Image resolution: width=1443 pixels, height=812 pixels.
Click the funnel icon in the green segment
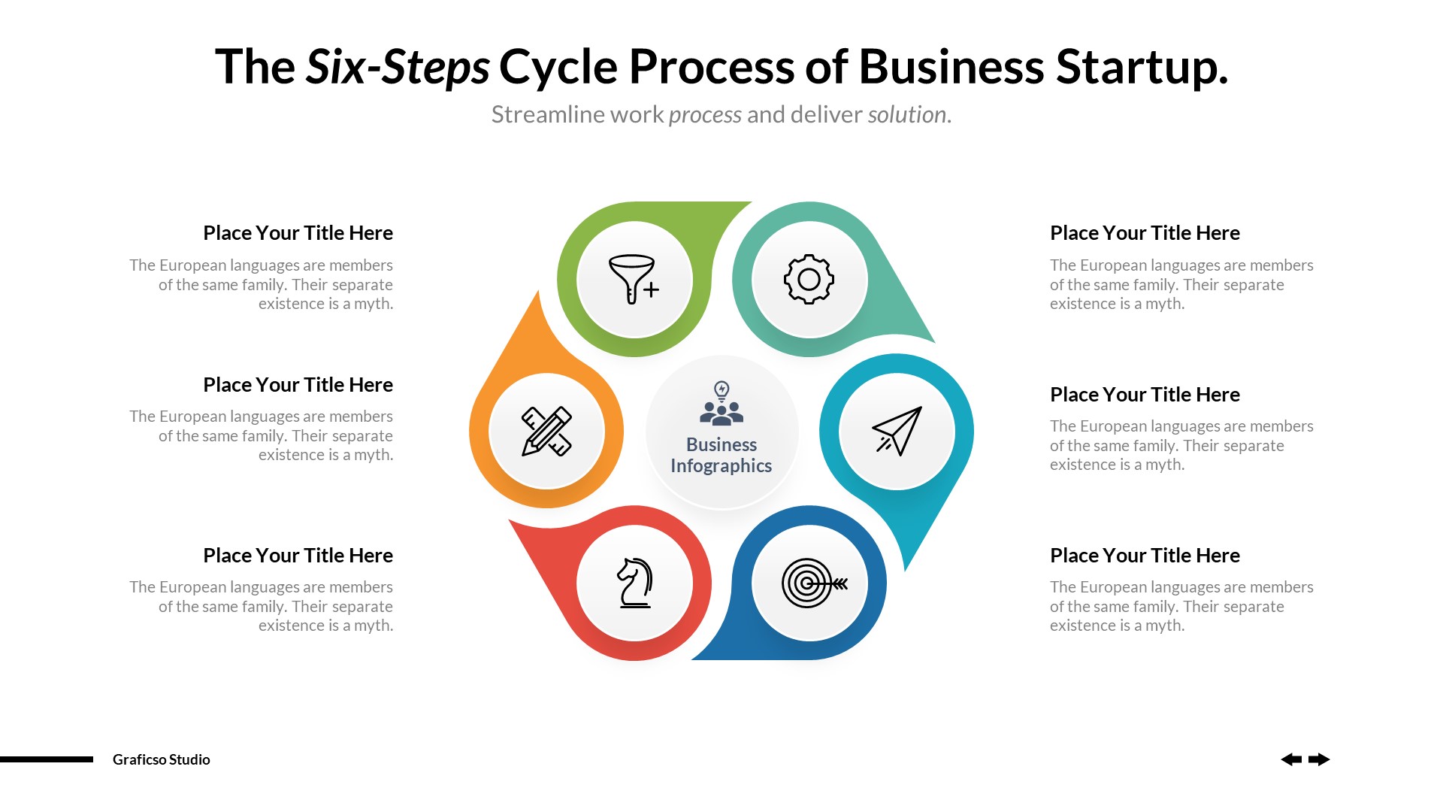[634, 279]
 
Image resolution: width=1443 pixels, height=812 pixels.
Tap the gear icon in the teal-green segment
[809, 279]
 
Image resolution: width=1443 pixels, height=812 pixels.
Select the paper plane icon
[897, 431]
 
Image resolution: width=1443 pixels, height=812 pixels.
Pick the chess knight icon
[634, 583]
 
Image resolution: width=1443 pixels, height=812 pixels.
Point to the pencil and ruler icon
[546, 431]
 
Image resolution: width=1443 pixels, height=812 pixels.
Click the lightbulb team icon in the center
[721, 404]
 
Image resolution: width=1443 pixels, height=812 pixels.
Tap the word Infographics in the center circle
[721, 466]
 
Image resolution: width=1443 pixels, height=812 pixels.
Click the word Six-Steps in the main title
[398, 67]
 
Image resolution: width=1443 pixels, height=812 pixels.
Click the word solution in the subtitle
[906, 114]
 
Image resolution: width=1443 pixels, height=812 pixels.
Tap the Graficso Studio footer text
[161, 759]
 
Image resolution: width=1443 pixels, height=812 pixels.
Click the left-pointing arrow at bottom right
[1291, 759]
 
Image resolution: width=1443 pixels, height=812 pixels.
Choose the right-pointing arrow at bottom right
[1319, 759]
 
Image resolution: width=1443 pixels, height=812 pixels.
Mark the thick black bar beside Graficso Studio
[47, 759]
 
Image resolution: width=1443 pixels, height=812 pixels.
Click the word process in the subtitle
[705, 114]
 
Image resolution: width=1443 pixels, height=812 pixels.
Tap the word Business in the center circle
[721, 444]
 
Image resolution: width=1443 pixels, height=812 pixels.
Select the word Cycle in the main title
[558, 67]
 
